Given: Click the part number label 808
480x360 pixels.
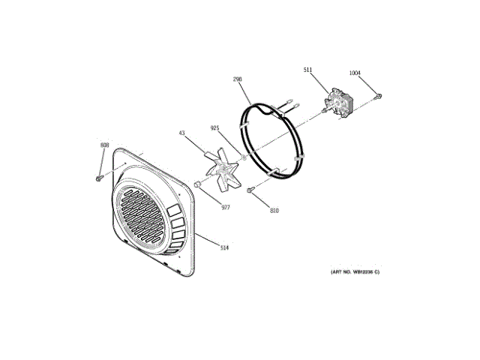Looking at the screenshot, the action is coord(104,145).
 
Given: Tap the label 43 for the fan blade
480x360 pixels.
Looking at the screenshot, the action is coord(181,133).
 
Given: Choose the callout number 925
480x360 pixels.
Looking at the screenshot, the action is coord(214,128).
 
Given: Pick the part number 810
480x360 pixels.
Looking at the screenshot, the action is coord(274,211).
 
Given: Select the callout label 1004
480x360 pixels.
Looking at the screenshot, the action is coord(355,73).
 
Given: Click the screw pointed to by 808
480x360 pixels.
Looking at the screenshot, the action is coord(98,178).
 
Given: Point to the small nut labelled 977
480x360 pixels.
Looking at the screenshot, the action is coord(196,183).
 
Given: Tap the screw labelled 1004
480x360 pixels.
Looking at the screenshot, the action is coord(379,96).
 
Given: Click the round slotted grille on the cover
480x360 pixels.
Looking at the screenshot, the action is coord(142,217).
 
